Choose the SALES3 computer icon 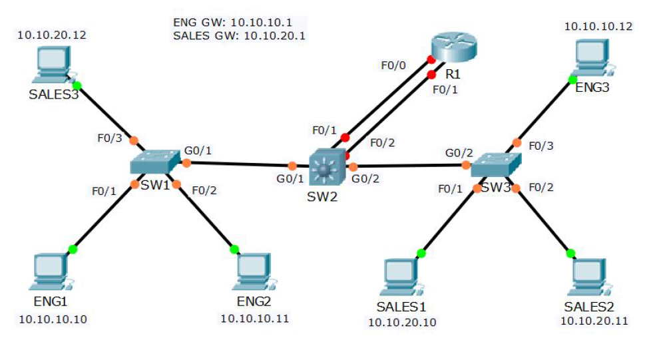click(53, 67)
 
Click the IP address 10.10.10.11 click(255, 319)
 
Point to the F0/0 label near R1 click(393, 66)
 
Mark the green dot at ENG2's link click(234, 250)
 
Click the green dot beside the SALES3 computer click(77, 85)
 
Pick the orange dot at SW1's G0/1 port click(186, 163)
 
